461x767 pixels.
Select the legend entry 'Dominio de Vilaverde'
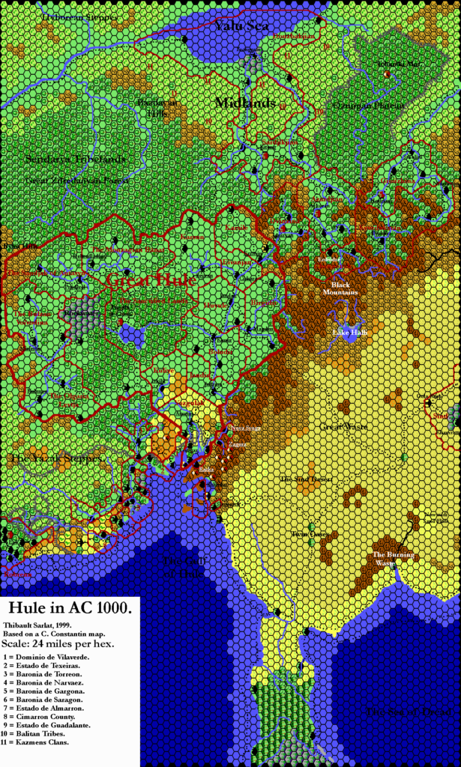coord(53,655)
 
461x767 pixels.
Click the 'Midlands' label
coord(246,102)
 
